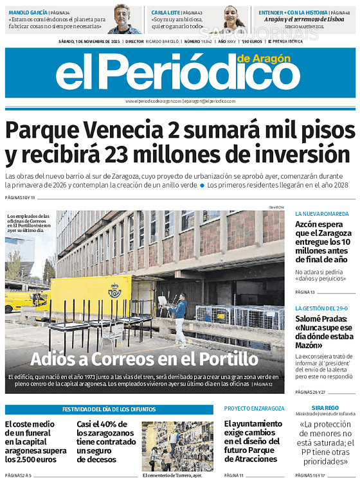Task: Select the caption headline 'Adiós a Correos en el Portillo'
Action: (x=144, y=358)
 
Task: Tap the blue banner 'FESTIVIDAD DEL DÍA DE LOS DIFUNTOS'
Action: (x=109, y=409)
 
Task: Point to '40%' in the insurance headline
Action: (x=114, y=424)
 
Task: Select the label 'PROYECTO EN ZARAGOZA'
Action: (x=255, y=409)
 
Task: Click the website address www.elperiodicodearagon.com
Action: (x=153, y=102)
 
